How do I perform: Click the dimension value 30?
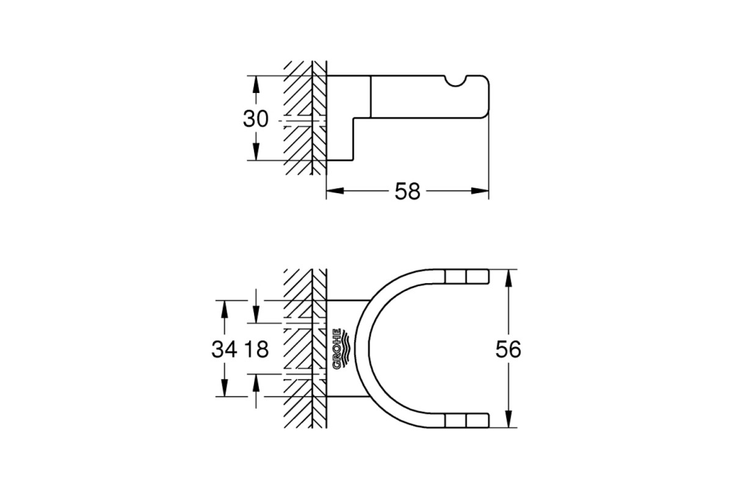255,119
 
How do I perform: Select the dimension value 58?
407,191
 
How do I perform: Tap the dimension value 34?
224,349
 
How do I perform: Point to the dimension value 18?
257,349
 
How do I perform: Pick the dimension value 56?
508,349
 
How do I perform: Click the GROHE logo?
341,349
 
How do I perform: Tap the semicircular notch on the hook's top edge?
455,82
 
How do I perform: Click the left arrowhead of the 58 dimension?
335,191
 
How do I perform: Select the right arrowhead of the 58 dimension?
480,191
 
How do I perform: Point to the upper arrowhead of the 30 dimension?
256,85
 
